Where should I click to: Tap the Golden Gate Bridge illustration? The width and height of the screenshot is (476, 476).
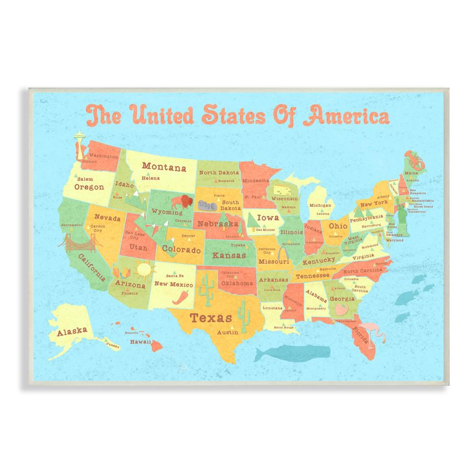(80, 243)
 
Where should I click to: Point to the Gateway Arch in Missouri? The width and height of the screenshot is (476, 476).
(283, 253)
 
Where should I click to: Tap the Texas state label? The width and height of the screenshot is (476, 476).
(211, 317)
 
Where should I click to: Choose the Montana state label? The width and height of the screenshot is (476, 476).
(164, 167)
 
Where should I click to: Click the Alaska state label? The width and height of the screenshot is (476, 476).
(72, 331)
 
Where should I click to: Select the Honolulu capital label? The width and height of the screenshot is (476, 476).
(131, 333)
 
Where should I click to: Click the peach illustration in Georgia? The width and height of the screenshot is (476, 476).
(342, 309)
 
